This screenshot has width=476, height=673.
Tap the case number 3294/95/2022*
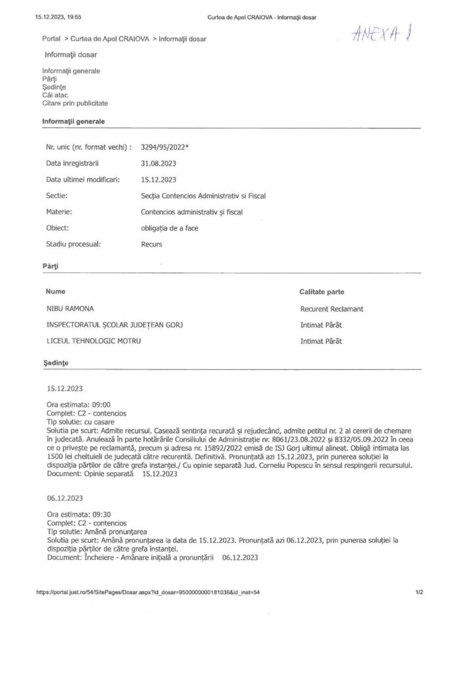(165, 147)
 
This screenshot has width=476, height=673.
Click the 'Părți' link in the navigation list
(49, 78)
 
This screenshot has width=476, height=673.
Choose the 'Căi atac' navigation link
(56, 95)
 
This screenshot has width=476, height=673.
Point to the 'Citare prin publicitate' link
(75, 103)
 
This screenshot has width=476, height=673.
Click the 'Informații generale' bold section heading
(73, 122)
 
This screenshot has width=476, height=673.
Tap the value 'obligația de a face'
(170, 228)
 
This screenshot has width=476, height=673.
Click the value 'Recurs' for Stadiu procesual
(152, 244)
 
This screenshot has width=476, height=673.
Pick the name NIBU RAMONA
(69, 308)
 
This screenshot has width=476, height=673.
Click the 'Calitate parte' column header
(322, 291)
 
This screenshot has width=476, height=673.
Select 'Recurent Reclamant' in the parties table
(331, 308)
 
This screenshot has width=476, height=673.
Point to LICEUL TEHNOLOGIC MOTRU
(93, 340)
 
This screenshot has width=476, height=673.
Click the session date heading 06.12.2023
(65, 499)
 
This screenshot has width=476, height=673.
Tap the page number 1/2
(419, 592)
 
